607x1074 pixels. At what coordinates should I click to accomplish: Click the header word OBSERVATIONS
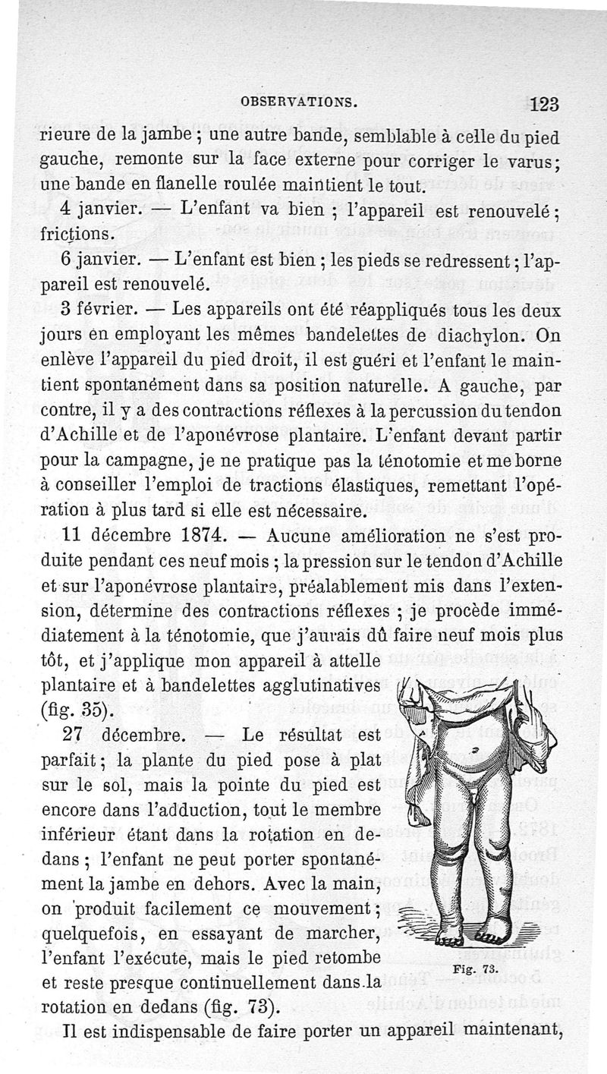click(298, 100)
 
